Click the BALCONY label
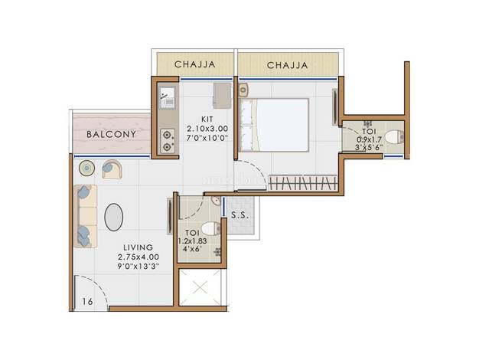[111, 134]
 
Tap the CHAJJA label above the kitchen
[195, 64]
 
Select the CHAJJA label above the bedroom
[287, 65]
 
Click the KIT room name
[207, 119]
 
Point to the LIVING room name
[138, 247]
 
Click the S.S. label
[239, 215]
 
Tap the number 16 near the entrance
[87, 302]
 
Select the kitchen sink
[167, 98]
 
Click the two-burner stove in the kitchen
[168, 141]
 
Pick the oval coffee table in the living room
[114, 218]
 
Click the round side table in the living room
[86, 168]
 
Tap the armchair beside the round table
[112, 169]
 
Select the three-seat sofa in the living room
[85, 216]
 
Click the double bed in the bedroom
[274, 125]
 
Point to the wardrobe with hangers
[303, 182]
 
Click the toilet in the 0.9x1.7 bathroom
[394, 136]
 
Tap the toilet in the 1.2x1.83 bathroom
[210, 228]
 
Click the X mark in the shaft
[200, 287]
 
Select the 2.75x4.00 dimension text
[138, 257]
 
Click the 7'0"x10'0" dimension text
[207, 138]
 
